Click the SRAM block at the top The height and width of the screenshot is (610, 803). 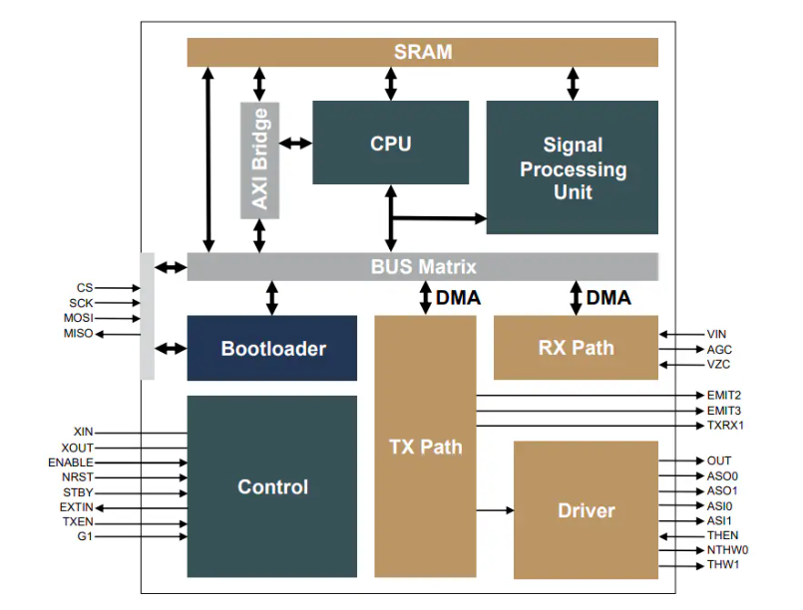[x=422, y=52]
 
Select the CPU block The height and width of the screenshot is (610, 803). [x=390, y=143]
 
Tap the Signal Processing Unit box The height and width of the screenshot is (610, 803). [x=572, y=167]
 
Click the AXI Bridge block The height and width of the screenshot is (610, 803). [x=259, y=159]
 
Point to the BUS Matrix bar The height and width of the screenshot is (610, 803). [x=422, y=267]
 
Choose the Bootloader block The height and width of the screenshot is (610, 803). [x=272, y=348]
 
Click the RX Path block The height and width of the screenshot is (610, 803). [x=576, y=348]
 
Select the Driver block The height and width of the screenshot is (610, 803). [x=586, y=509]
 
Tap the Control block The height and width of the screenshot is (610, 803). [x=272, y=486]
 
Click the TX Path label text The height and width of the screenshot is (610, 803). [x=425, y=447]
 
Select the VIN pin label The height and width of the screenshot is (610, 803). [x=717, y=335]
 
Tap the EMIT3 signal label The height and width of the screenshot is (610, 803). [x=724, y=411]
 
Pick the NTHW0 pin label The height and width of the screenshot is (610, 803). [x=727, y=550]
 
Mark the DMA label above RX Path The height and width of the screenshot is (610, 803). [x=608, y=297]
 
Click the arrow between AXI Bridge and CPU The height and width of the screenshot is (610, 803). [x=295, y=144]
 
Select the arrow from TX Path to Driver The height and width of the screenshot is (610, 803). [x=494, y=510]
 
